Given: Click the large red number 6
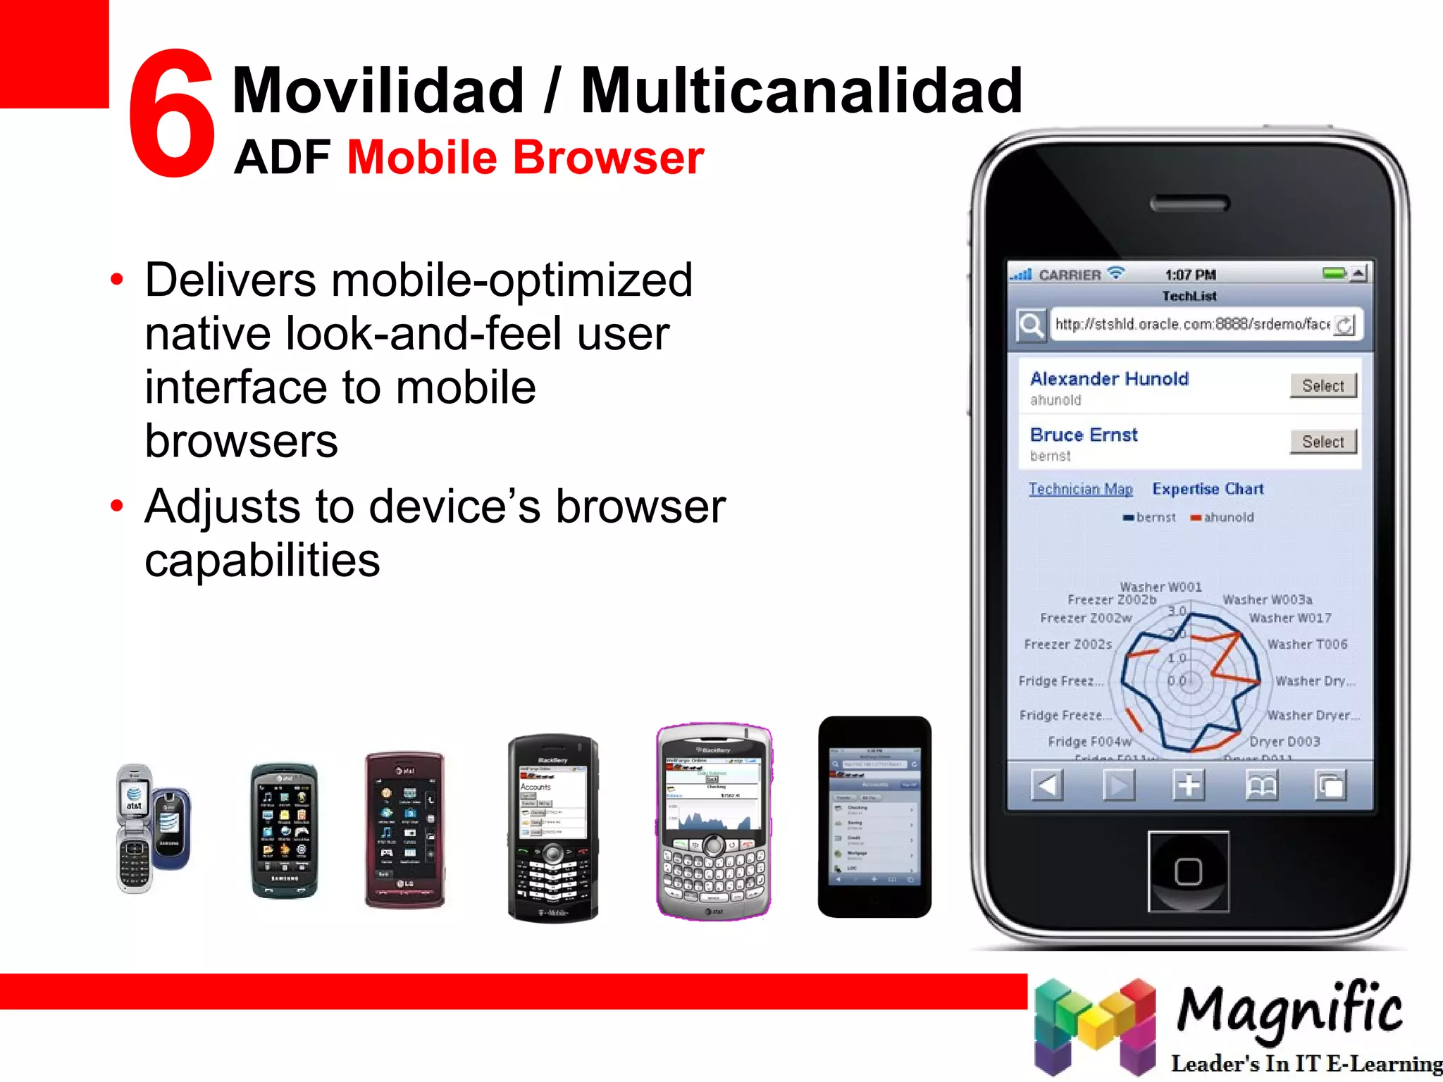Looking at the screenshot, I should point(171,113).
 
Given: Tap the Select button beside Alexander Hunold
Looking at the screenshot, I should point(1323,385).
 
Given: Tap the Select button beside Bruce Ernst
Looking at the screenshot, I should point(1323,442).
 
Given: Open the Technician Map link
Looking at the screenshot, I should point(1080,489).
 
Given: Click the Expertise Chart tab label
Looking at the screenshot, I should point(1208,489).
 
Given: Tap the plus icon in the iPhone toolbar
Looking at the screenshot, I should point(1189,785).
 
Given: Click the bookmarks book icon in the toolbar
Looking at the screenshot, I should point(1261,785).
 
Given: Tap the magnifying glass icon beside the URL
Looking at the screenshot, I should point(1031,325).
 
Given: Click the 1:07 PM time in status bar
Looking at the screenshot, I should point(1190,275).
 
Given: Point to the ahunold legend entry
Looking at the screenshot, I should point(1223,518).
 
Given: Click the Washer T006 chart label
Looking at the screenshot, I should point(1307,645).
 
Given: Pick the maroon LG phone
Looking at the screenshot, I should point(404,830).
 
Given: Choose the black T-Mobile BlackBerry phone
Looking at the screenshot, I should point(553,828).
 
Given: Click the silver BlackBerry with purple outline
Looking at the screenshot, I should point(714,821).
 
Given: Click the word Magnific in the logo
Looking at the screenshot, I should point(1289,1009).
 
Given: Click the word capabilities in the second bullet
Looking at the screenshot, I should point(262,560).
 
